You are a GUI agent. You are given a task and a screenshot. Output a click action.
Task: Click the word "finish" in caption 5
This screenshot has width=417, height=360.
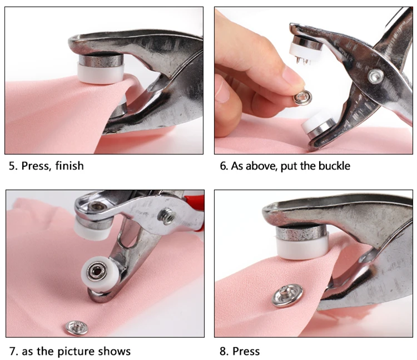pos(69,165)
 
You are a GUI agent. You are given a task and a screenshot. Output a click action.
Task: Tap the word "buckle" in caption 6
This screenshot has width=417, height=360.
pos(334,166)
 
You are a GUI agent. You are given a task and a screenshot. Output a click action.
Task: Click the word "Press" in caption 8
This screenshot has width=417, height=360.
pos(246,351)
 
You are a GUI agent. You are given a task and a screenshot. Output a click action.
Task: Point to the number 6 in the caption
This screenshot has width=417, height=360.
pos(224,166)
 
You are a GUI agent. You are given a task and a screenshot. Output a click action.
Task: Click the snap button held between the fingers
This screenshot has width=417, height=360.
pos(302,97)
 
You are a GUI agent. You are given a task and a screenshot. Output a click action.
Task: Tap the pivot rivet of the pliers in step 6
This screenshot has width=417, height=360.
pos(375,76)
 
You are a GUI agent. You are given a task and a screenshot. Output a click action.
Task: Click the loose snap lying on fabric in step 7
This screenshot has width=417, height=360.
pos(77,328)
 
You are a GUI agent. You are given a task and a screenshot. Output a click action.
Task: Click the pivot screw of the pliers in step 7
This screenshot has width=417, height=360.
pos(166,216)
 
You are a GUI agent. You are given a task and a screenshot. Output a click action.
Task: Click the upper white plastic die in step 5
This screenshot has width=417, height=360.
pos(101,73)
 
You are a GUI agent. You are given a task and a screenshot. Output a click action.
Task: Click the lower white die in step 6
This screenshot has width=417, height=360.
pos(314,123)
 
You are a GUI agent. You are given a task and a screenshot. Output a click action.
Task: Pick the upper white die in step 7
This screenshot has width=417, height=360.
pos(92,228)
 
